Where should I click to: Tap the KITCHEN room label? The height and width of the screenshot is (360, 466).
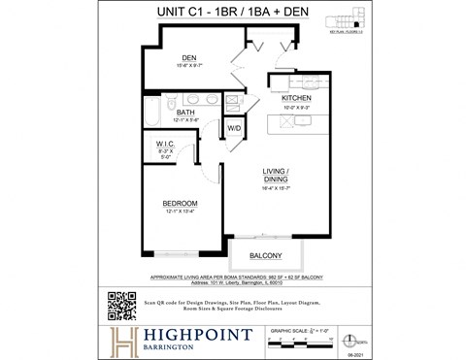[x=296, y=99]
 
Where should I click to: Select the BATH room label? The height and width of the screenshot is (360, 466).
[x=186, y=113]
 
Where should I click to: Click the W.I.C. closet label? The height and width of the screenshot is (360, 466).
[x=164, y=145]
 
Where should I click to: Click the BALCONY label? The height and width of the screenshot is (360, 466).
[x=265, y=256]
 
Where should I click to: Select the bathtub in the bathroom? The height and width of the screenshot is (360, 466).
[x=152, y=115]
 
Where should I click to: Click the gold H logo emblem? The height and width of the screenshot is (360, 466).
[x=121, y=341]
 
